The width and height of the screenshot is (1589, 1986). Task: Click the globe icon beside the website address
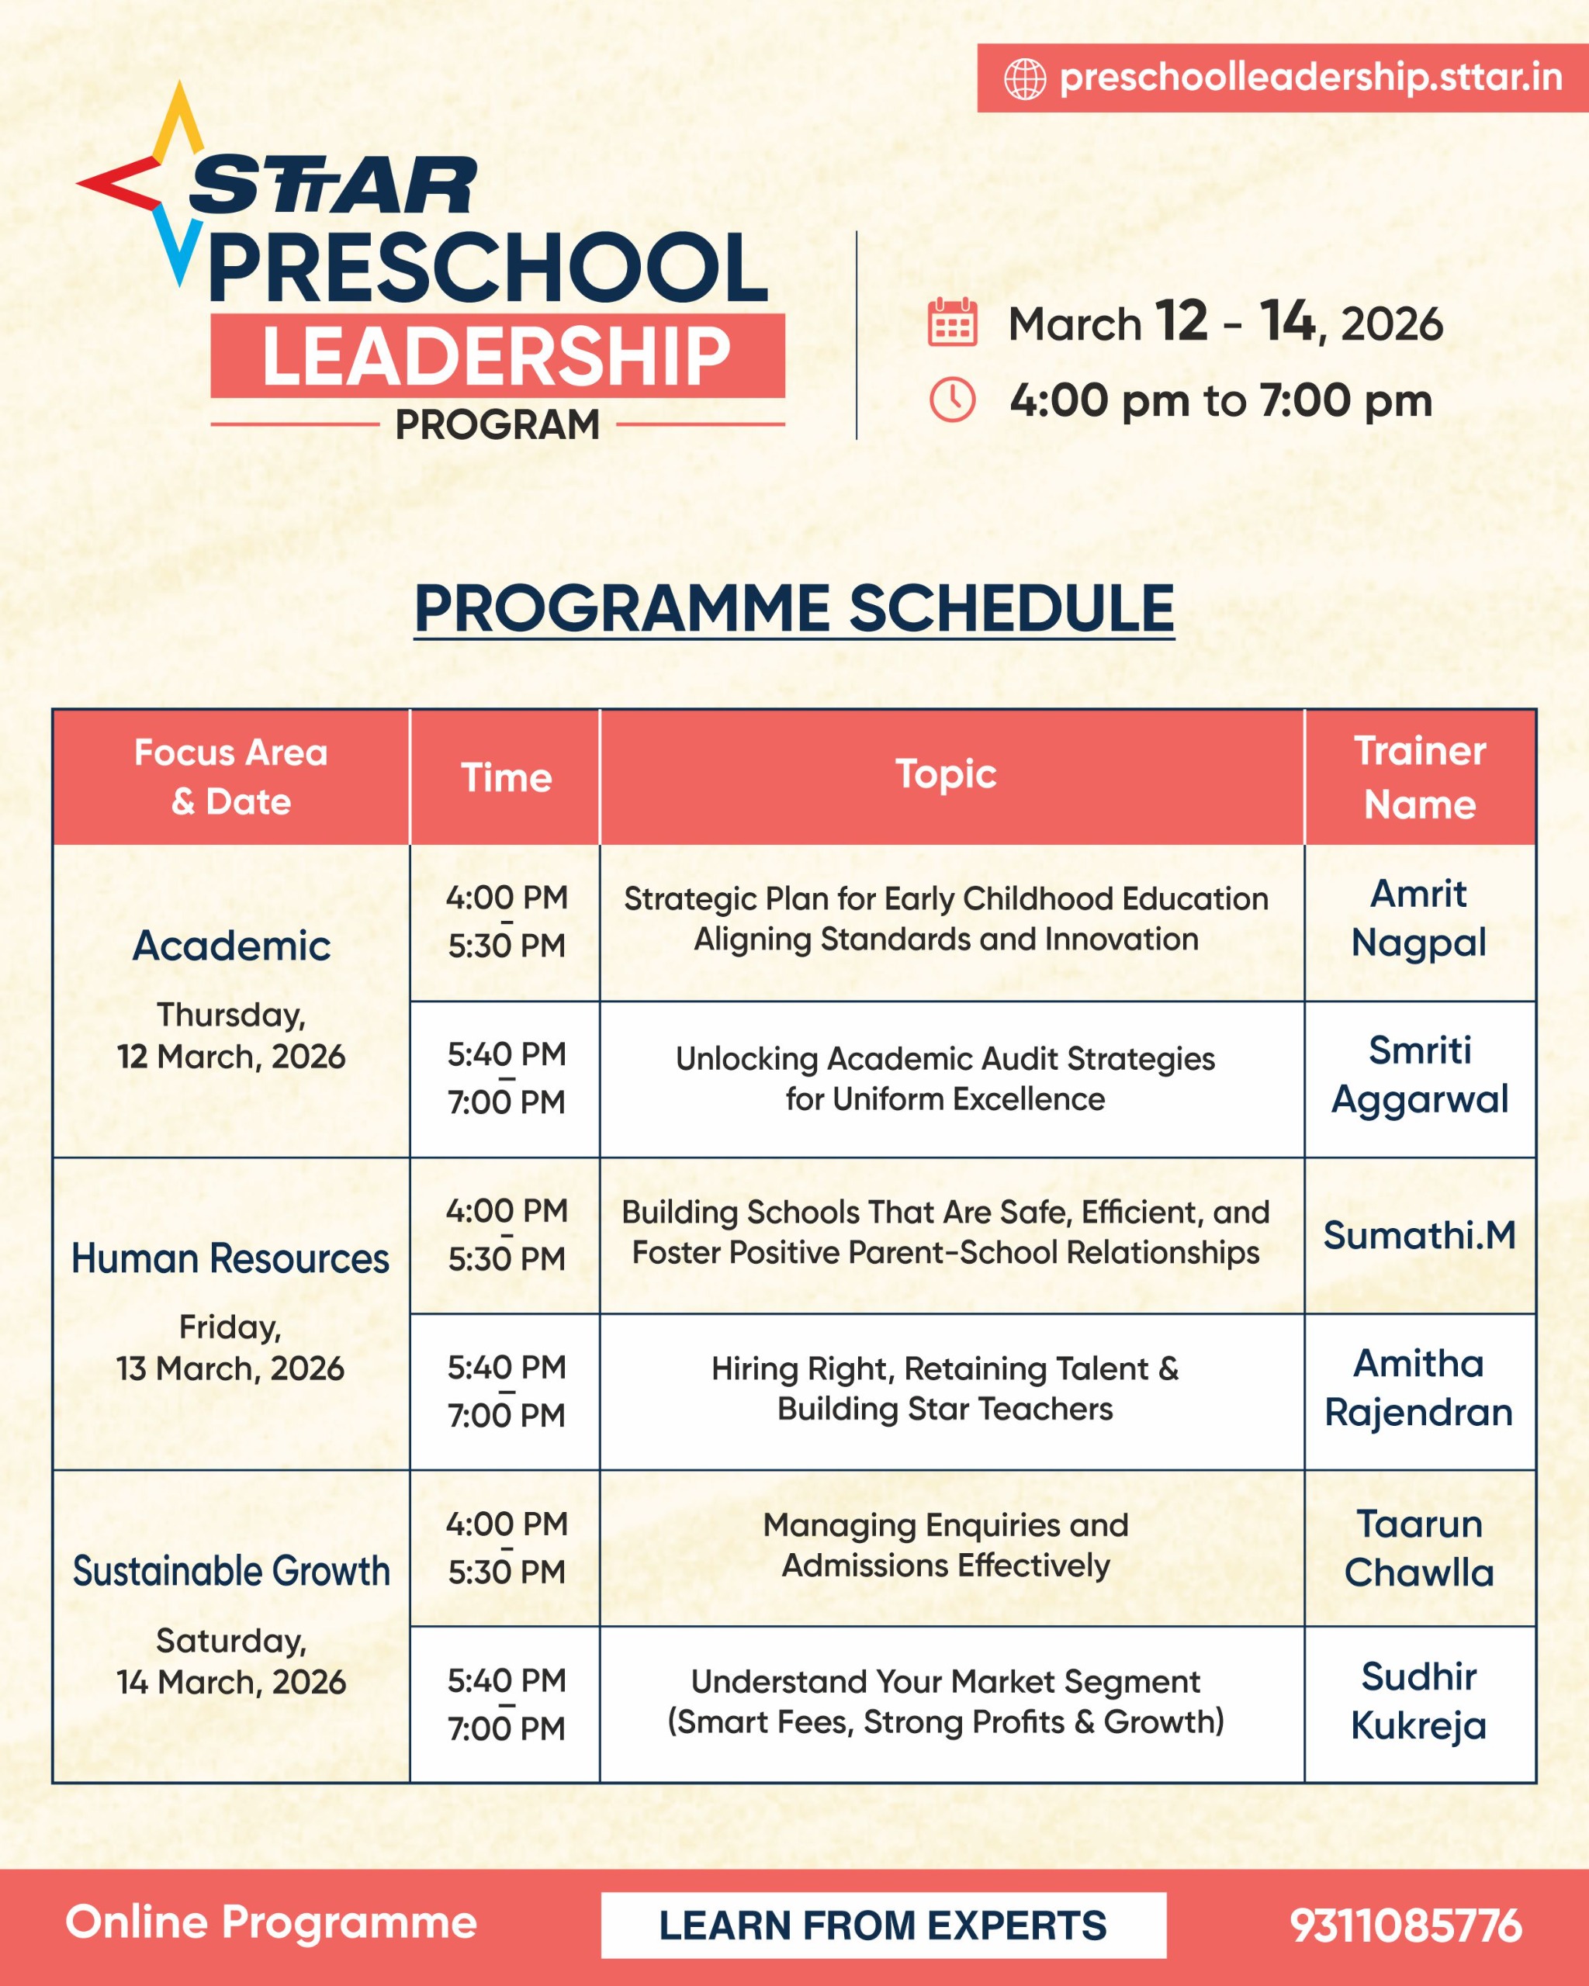point(1024,78)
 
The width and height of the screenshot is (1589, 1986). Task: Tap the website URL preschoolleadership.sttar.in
point(1310,78)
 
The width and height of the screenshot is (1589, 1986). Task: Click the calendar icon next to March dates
point(951,323)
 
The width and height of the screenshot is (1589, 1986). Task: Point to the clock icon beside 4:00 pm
point(951,400)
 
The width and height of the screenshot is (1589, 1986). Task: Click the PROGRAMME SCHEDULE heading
point(794,608)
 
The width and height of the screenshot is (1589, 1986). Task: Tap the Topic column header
point(946,773)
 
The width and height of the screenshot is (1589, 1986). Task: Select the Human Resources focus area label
point(230,1258)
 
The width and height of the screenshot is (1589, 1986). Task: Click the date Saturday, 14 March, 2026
point(230,1662)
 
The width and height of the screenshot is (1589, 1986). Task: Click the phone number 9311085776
point(1406,1925)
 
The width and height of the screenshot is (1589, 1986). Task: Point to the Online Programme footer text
point(271,1922)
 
